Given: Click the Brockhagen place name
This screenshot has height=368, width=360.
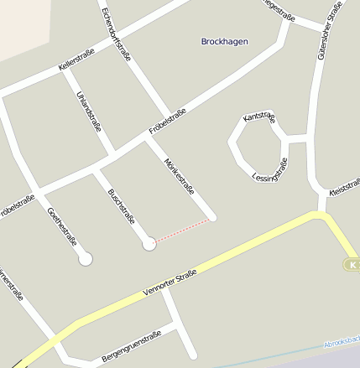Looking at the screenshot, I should (225, 41).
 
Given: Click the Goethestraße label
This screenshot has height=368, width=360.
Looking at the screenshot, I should (62, 224).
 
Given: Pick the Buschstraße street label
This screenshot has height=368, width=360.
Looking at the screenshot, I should (122, 206).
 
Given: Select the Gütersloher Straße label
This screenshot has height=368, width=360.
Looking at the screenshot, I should (328, 30).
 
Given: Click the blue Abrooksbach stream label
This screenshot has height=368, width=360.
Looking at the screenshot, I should (342, 341).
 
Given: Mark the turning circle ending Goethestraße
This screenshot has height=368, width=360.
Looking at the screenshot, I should (85, 259).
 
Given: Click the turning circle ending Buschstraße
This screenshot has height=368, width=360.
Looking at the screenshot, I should (149, 244).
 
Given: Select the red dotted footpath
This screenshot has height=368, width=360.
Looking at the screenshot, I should (181, 231).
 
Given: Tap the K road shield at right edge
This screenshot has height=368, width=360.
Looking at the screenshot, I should (352, 265).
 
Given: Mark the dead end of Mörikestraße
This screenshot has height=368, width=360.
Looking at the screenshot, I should (212, 218).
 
